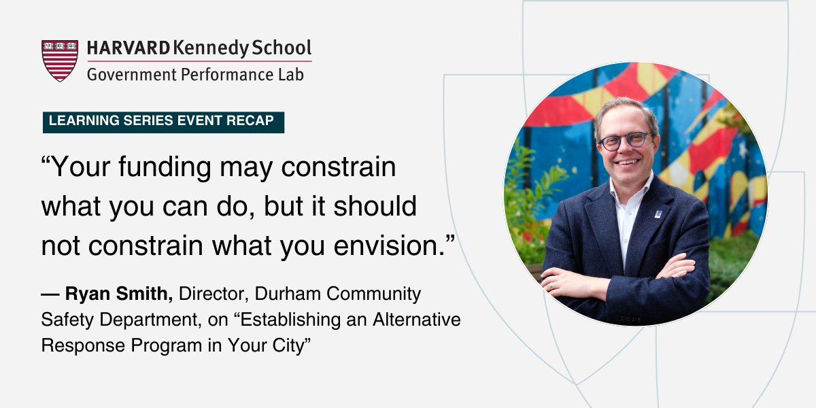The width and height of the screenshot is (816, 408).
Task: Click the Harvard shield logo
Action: (x=60, y=61)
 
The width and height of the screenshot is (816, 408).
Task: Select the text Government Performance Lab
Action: (x=195, y=73)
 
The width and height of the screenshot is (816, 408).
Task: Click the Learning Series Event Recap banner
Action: (x=163, y=122)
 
